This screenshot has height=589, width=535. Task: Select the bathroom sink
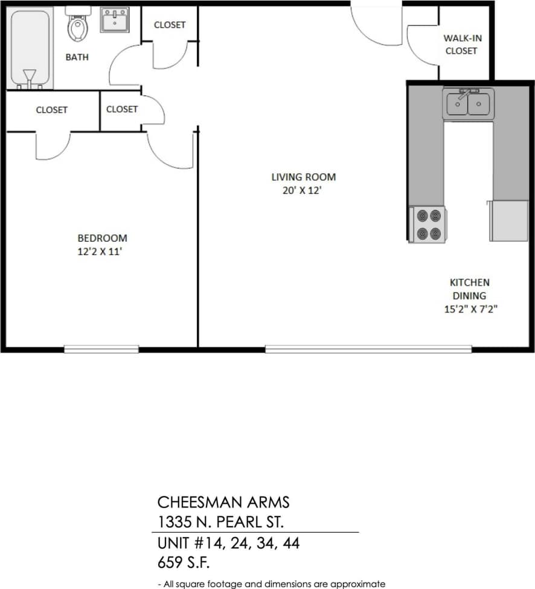tap(114, 20)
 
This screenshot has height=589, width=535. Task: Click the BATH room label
tap(77, 57)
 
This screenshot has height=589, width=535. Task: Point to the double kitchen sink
tap(468, 104)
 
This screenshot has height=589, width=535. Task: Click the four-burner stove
tap(428, 225)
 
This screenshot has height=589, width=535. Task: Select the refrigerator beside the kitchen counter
tap(509, 221)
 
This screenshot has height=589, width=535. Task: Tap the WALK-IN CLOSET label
tap(462, 45)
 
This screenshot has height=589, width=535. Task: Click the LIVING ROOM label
tap(303, 177)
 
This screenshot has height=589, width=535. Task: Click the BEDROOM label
tap(102, 238)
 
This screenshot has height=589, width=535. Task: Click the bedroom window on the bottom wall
tap(101, 349)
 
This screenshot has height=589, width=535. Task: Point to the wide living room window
tap(368, 349)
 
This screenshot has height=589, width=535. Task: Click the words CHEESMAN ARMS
tap(223, 502)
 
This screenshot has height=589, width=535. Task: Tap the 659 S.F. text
tap(183, 562)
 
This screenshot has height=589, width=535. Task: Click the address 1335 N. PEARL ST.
tap(220, 521)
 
